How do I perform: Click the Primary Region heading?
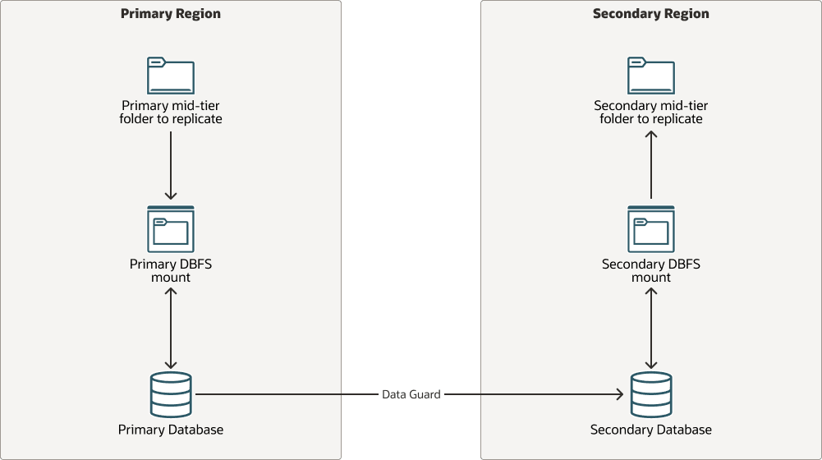(x=170, y=14)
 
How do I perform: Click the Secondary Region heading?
(x=650, y=14)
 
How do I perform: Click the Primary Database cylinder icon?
(x=171, y=394)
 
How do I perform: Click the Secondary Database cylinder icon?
(x=651, y=394)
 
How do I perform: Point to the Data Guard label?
(x=411, y=394)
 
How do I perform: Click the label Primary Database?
(x=171, y=430)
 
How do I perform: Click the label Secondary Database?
(x=651, y=430)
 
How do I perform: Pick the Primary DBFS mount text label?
(x=171, y=271)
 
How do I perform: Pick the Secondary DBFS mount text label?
(x=651, y=271)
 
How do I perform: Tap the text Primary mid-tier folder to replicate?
(x=171, y=113)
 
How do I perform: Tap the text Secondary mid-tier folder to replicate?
(x=651, y=113)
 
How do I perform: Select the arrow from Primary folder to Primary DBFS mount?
(x=171, y=164)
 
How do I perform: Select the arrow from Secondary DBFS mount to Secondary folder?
(x=651, y=164)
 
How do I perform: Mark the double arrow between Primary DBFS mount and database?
(x=171, y=329)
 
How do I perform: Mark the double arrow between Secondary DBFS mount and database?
(x=651, y=329)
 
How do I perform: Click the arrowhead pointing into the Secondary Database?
(x=618, y=394)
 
